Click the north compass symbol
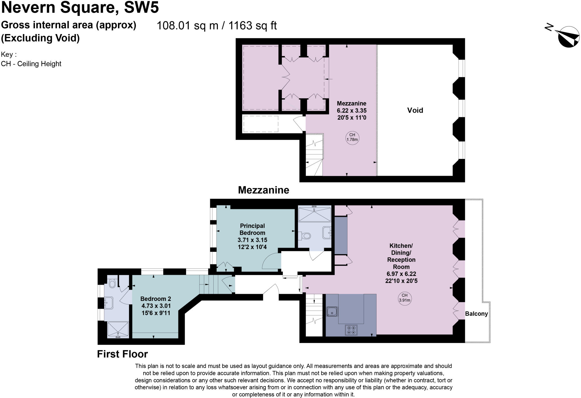[568, 37]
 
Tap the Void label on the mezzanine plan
[415, 110]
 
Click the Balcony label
[476, 314]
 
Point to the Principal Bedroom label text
[252, 229]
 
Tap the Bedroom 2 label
[155, 299]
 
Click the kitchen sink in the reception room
[332, 311]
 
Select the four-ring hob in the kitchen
[351, 330]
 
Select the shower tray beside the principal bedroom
[314, 214]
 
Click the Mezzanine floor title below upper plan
[263, 190]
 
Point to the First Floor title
[122, 354]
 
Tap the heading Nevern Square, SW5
[80, 7]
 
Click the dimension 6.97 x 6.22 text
[401, 274]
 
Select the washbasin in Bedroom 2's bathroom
[109, 303]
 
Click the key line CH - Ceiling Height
[31, 64]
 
